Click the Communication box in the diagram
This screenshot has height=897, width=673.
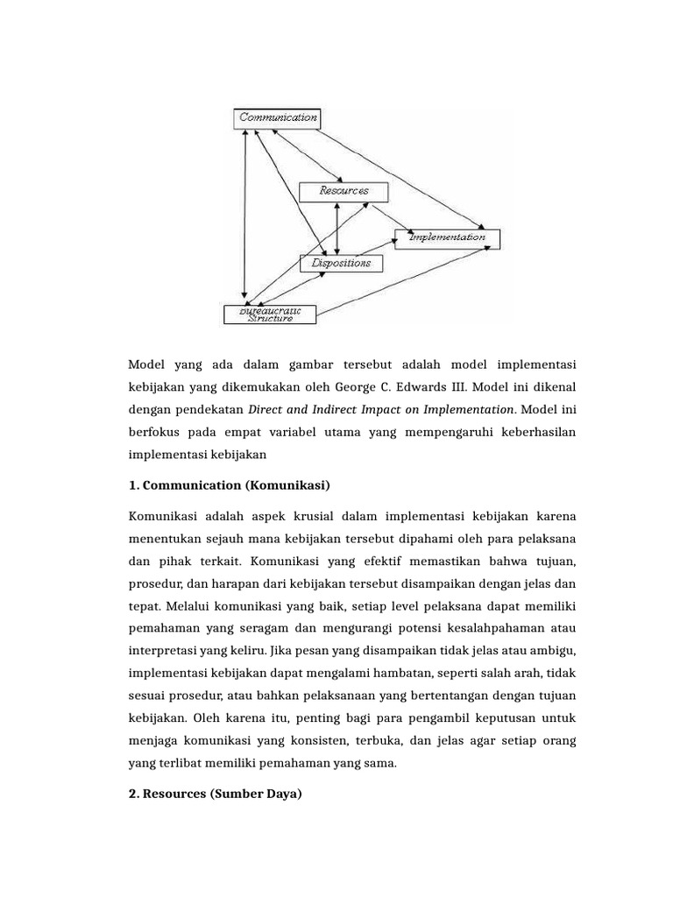pyautogui.click(x=276, y=117)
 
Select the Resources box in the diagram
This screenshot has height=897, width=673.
pyautogui.click(x=344, y=190)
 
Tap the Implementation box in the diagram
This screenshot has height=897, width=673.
pyautogui.click(x=447, y=237)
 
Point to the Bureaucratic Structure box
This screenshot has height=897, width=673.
pyautogui.click(x=270, y=314)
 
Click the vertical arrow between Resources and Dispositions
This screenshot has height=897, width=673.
pyautogui.click(x=336, y=226)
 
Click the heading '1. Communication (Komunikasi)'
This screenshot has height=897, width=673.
pyautogui.click(x=230, y=484)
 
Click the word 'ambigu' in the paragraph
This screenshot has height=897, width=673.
pyautogui.click(x=556, y=651)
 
